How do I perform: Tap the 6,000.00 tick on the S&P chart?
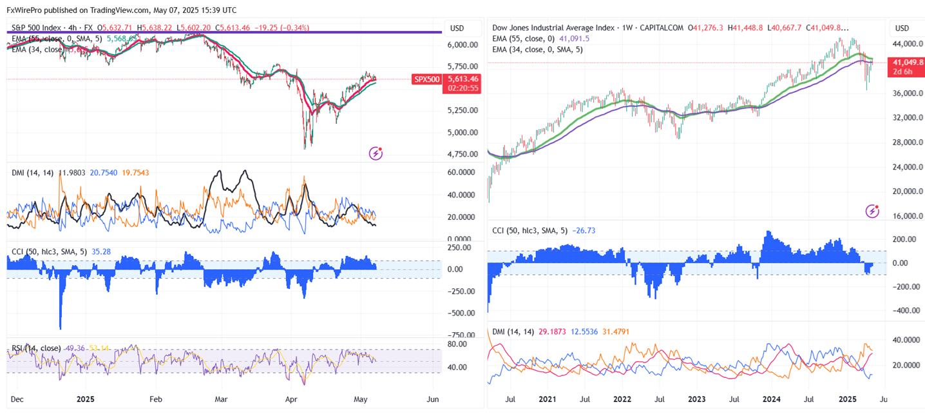click(463, 45)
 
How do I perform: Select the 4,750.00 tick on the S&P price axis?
click(463, 154)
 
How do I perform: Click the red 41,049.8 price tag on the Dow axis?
click(907, 63)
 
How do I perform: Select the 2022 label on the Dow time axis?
click(622, 400)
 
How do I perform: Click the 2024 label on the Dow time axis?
click(772, 400)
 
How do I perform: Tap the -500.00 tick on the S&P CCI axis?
click(463, 313)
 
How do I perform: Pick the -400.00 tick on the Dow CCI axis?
click(905, 310)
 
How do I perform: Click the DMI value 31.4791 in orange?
click(616, 332)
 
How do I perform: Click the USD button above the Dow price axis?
click(902, 28)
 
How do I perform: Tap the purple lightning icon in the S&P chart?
click(376, 153)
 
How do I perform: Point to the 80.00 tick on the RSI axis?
click(458, 344)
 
